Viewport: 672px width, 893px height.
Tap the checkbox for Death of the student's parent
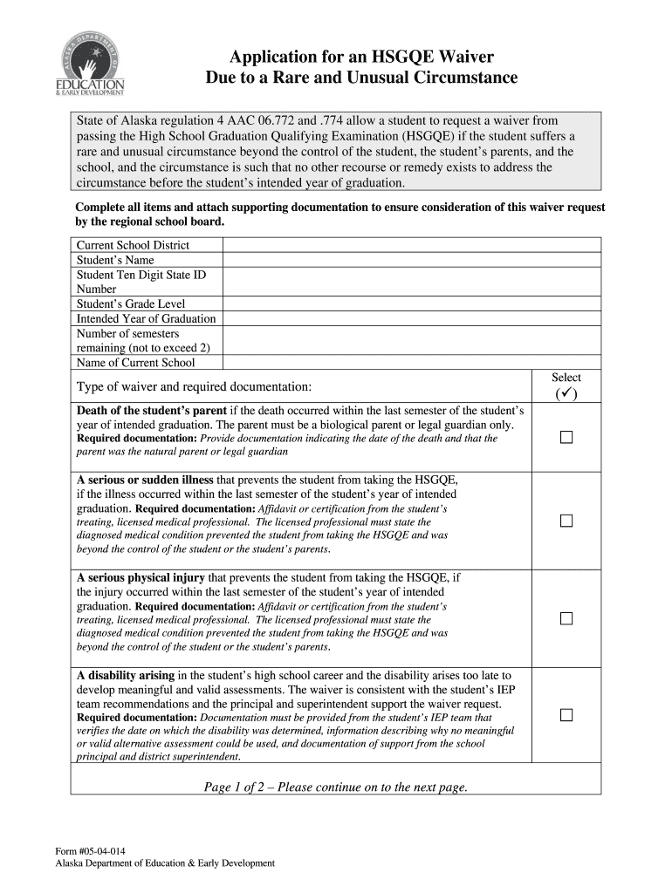[566, 437]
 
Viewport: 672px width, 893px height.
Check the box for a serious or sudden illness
[566, 521]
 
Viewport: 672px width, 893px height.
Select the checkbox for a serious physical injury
[566, 618]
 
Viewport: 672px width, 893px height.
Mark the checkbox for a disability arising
[566, 715]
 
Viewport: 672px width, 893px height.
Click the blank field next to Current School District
[411, 245]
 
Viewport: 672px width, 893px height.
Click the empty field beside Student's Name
[411, 260]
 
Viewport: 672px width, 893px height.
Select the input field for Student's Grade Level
[411, 303]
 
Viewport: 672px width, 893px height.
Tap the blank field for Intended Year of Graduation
[411, 318]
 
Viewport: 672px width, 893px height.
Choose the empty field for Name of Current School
[411, 363]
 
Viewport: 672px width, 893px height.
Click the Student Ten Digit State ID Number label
[141, 282]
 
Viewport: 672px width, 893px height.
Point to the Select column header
[566, 378]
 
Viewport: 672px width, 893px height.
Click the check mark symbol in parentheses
[566, 393]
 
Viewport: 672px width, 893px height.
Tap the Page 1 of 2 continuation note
[335, 787]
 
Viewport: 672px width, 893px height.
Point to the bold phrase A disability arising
[125, 675]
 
